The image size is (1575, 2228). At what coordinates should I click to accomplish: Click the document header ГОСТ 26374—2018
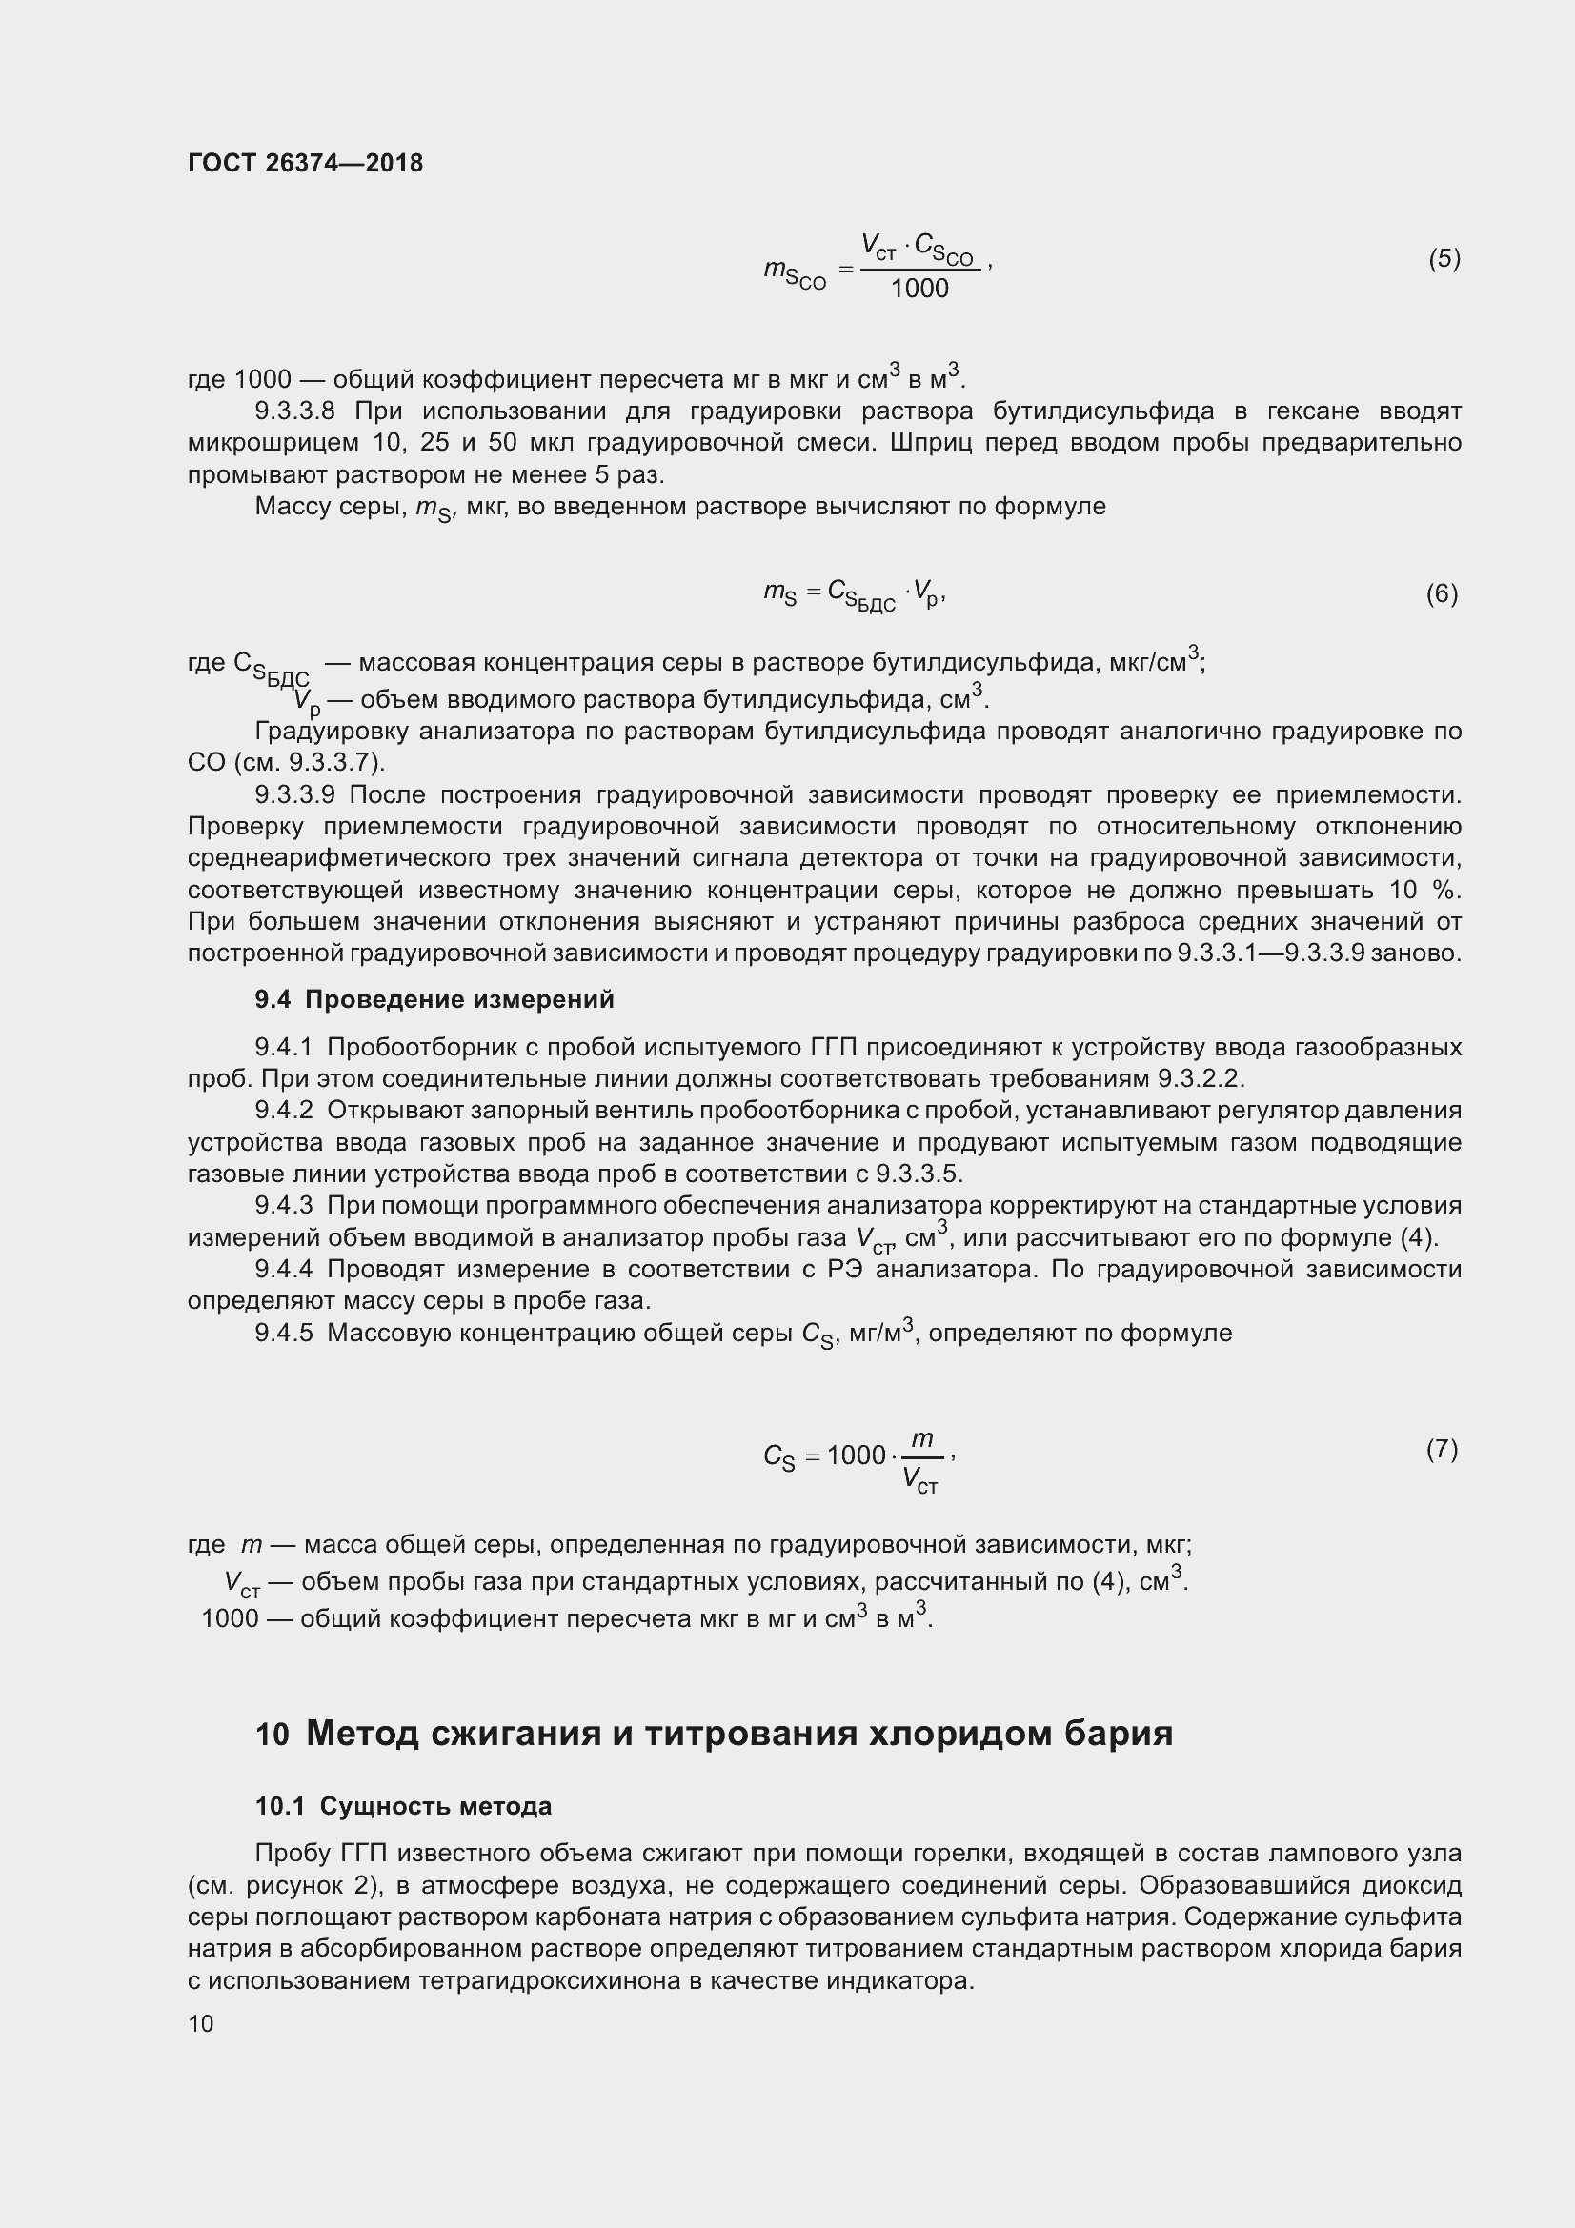click(305, 163)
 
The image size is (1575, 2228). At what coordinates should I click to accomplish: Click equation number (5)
click(1444, 258)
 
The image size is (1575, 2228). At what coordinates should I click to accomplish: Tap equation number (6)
click(1442, 592)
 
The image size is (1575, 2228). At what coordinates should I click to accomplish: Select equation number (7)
click(1442, 1449)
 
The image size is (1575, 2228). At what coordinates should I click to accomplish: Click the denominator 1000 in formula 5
click(919, 289)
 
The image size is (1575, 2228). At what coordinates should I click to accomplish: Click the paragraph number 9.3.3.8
click(295, 411)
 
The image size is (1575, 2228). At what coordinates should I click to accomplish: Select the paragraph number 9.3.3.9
click(295, 794)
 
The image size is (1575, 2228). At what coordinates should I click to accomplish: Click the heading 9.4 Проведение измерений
click(434, 998)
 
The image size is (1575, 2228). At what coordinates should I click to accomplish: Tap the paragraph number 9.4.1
click(283, 1047)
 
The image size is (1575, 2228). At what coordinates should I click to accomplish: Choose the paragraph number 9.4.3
click(283, 1205)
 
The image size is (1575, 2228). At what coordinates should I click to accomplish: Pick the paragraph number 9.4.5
click(283, 1333)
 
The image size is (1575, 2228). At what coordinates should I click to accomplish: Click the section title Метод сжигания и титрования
click(738, 1732)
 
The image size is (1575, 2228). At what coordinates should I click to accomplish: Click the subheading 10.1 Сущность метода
click(404, 1806)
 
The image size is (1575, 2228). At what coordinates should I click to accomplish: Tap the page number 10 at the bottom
click(201, 2023)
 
